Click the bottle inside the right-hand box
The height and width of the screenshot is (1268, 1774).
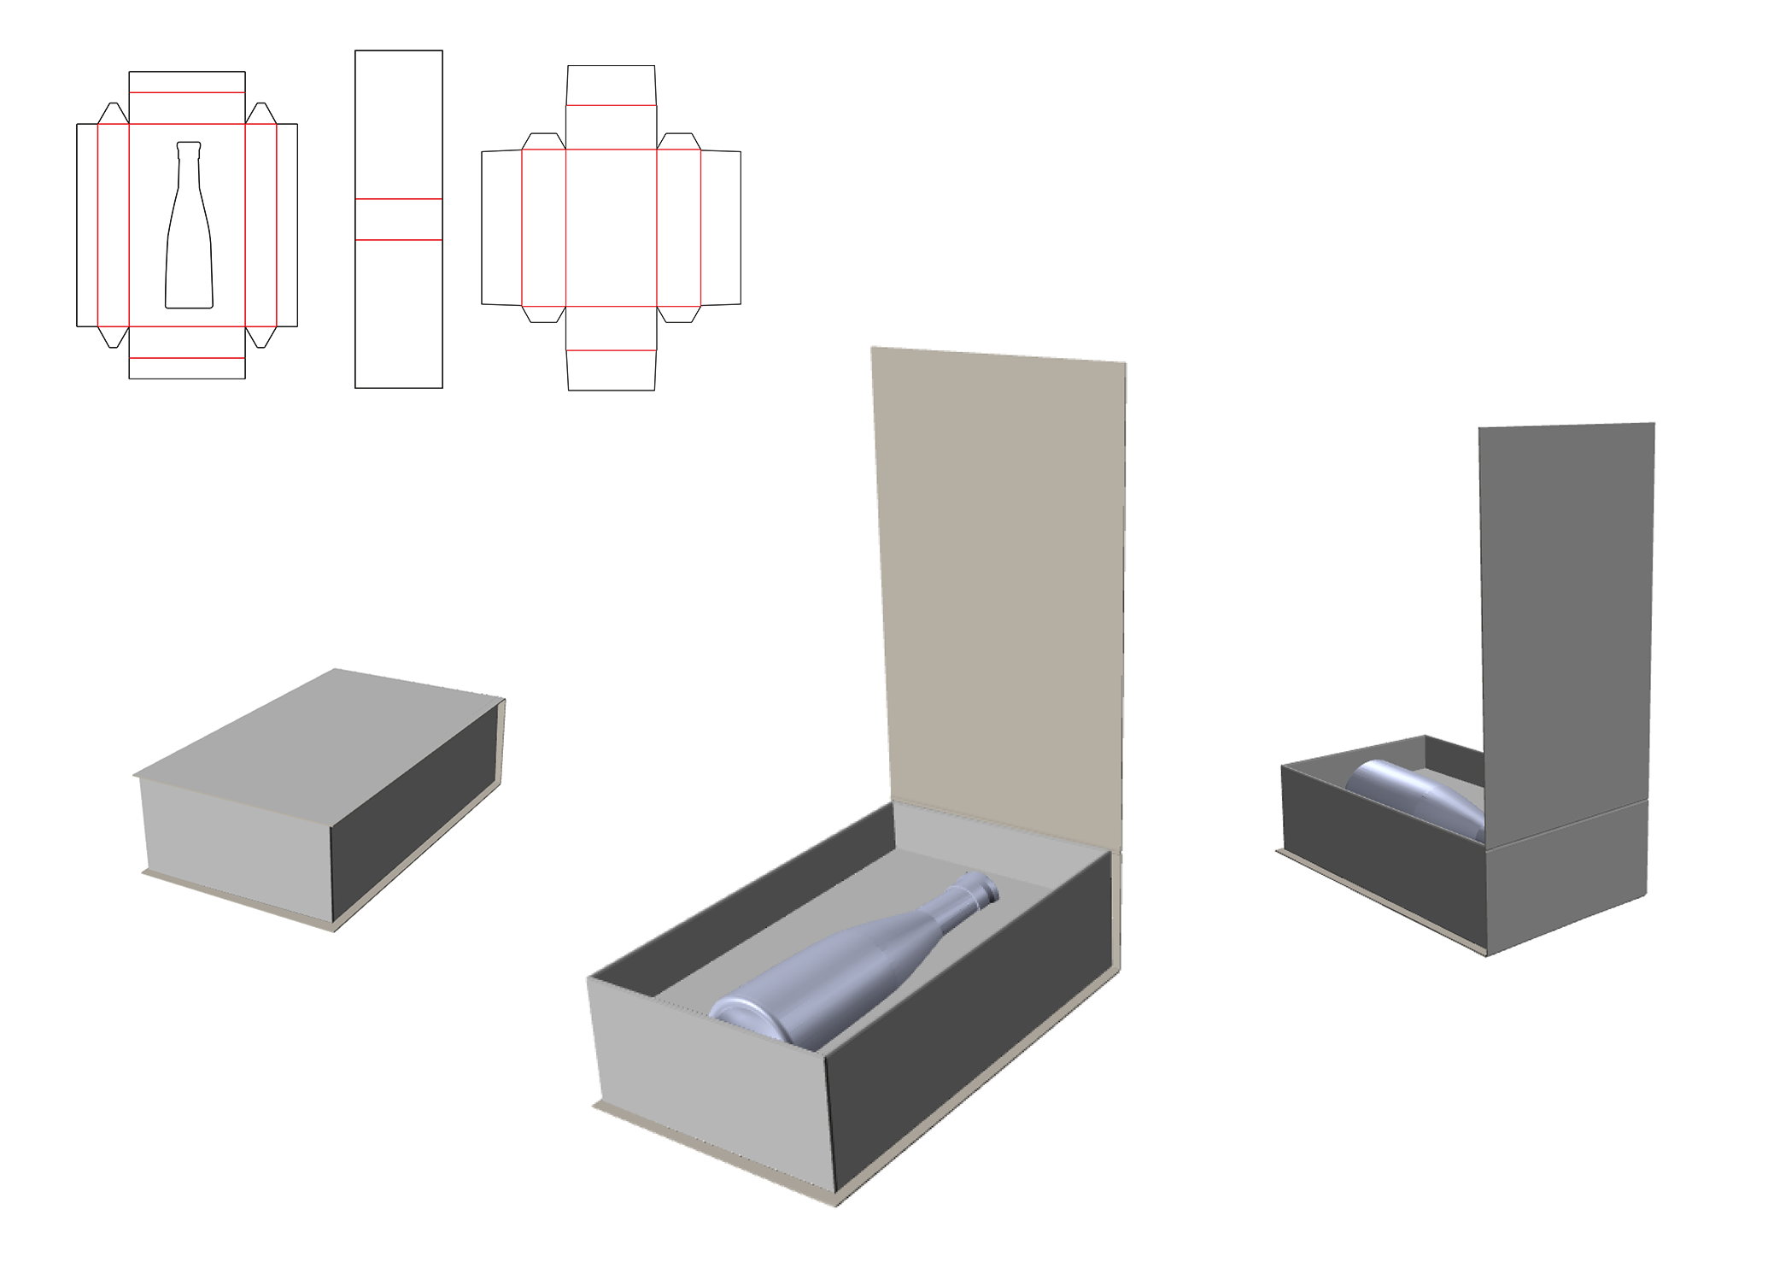[x=1418, y=795]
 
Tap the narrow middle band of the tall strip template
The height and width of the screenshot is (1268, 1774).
[x=399, y=220]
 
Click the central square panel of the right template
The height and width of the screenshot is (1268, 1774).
[x=611, y=227]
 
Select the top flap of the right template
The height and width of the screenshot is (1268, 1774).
[x=611, y=85]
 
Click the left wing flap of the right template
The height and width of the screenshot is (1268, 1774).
[x=501, y=227]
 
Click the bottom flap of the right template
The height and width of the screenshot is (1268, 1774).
[x=611, y=370]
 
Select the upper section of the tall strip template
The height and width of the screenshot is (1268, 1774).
[x=399, y=124]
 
